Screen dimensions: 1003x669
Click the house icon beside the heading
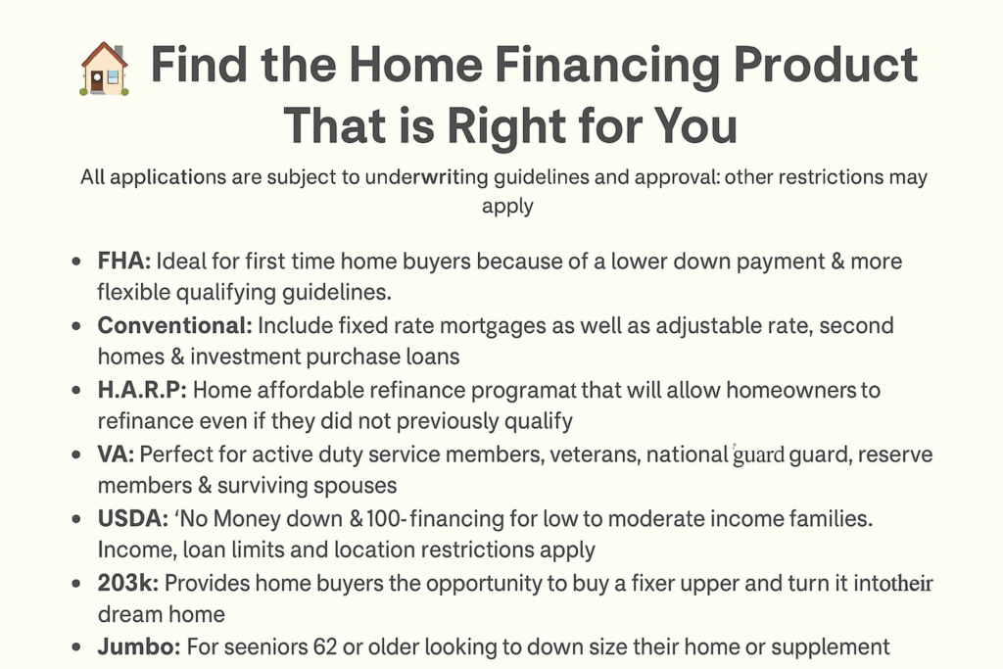click(x=104, y=70)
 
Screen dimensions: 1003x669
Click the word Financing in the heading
click(x=607, y=66)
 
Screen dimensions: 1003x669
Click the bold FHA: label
click(x=124, y=261)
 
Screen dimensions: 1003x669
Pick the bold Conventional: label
click(x=174, y=325)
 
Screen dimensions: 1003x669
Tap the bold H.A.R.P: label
click(x=142, y=390)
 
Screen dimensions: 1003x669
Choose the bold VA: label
click(x=116, y=454)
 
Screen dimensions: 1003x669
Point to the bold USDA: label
click(x=132, y=519)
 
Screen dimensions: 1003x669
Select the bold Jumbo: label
click(x=139, y=647)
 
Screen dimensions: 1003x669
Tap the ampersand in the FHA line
click(x=837, y=261)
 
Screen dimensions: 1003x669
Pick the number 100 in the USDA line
click(x=383, y=519)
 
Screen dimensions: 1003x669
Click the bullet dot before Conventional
click(x=76, y=326)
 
